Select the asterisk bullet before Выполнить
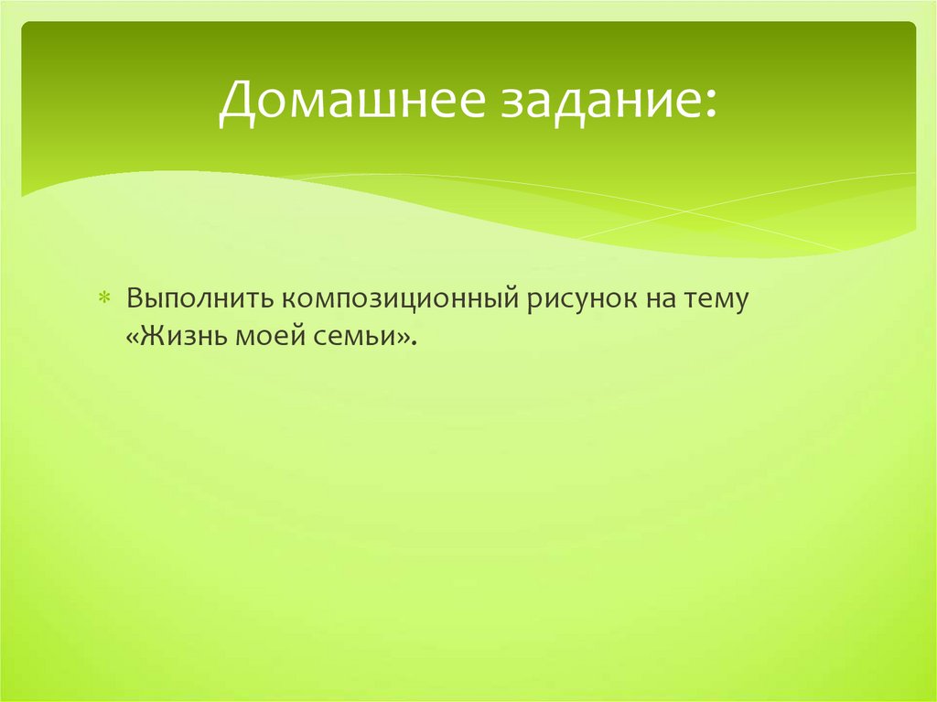tap(104, 299)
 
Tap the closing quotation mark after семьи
tap(403, 337)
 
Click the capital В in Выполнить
tap(134, 298)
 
